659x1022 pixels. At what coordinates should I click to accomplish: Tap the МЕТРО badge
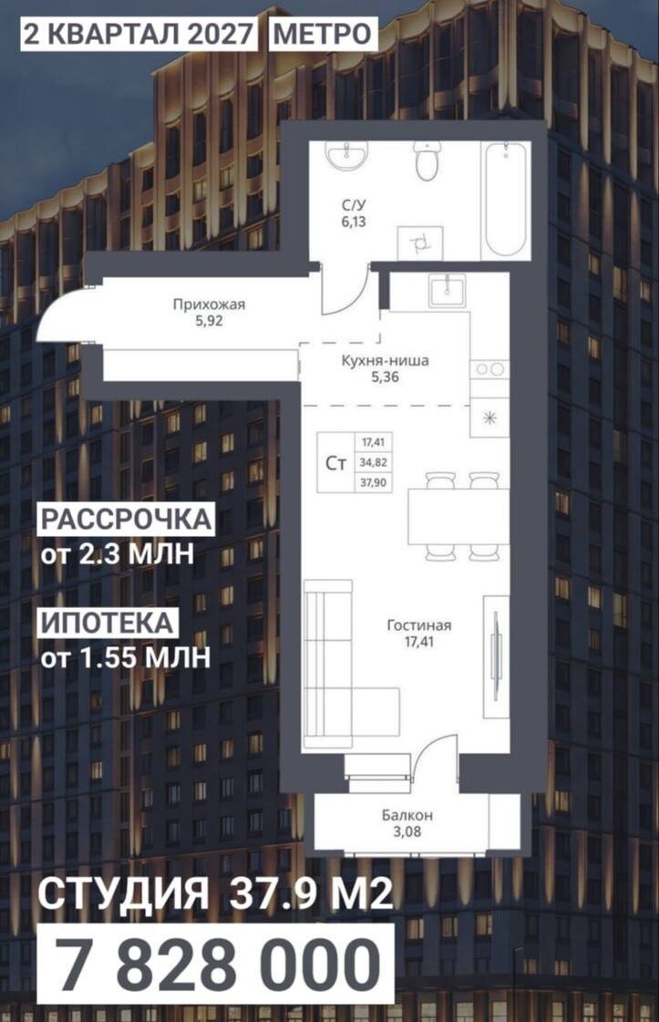tap(322, 34)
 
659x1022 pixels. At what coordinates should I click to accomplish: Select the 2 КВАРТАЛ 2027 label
tap(138, 34)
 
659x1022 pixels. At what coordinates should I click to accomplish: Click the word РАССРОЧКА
tap(127, 520)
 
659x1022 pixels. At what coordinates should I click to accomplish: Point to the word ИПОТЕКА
tap(108, 623)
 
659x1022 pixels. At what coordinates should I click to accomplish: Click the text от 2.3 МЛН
tap(118, 555)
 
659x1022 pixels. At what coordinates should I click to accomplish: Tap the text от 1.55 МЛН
tap(126, 658)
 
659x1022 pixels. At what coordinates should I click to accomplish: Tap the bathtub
tap(505, 200)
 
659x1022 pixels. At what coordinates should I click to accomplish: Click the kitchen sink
tap(448, 289)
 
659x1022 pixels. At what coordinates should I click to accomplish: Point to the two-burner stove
tap(489, 369)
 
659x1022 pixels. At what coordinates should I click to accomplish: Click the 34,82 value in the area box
tap(373, 463)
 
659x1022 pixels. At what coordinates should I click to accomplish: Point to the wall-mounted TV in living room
tap(496, 656)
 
